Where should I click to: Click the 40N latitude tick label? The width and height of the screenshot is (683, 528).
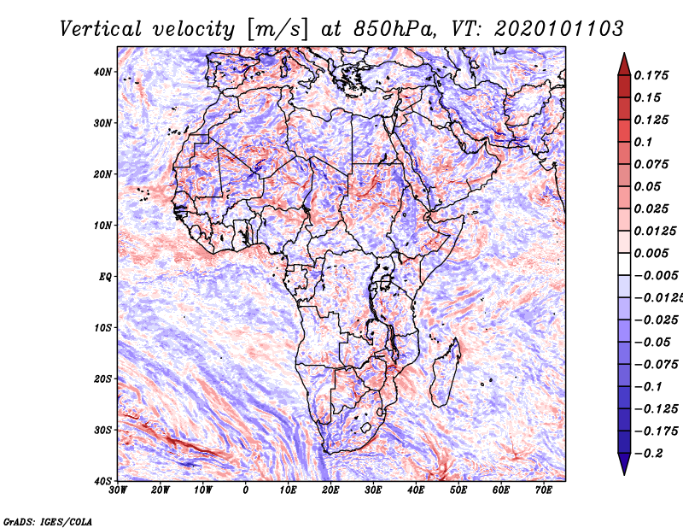click(x=102, y=72)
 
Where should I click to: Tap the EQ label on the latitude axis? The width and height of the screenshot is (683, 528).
click(x=105, y=277)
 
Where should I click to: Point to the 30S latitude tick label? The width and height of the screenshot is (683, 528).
click(x=102, y=431)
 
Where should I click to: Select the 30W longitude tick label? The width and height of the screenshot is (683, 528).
click(x=118, y=490)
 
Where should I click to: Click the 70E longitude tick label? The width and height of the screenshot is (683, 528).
click(x=544, y=490)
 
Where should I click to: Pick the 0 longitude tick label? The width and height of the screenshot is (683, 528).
click(x=246, y=490)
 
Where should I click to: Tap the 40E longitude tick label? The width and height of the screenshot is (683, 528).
click(x=416, y=490)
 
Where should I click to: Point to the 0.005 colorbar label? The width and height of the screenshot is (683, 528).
click(x=651, y=253)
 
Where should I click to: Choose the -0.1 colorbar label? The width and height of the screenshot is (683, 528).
click(x=649, y=387)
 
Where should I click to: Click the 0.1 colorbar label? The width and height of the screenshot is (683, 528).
click(x=644, y=142)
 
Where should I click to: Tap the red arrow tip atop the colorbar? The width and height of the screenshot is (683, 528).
click(x=624, y=54)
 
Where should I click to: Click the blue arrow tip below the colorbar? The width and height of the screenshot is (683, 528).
click(x=624, y=474)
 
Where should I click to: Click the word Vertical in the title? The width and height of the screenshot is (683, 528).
click(x=101, y=29)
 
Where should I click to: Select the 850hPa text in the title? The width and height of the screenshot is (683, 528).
click(x=394, y=29)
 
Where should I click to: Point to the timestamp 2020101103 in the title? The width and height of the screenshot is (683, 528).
click(x=559, y=29)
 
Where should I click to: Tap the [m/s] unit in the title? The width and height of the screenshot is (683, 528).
click(x=277, y=30)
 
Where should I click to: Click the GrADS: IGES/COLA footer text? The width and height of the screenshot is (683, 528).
click(x=48, y=522)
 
